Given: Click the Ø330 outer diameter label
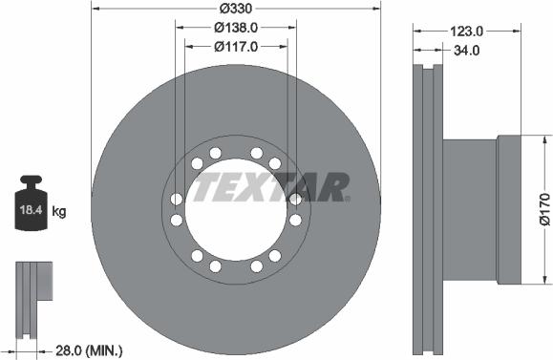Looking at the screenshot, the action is click(236, 8).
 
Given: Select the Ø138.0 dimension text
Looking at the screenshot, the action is click(236, 28).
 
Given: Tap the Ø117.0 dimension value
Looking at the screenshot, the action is click(236, 47).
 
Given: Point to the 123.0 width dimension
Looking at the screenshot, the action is click(467, 32).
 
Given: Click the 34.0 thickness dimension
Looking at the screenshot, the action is click(467, 51).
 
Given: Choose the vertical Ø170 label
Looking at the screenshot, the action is click(545, 209).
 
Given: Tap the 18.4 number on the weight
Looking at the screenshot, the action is click(31, 210).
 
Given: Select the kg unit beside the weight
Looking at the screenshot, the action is click(59, 212).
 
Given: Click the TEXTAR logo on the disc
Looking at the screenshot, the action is click(271, 187).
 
